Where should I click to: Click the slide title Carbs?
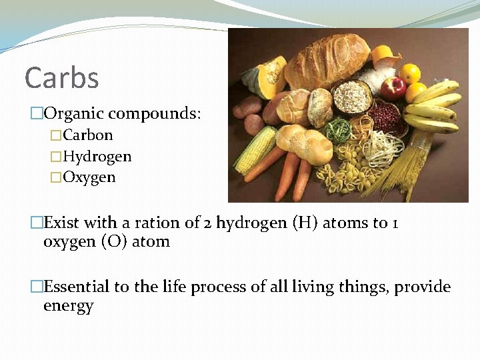pos(61,78)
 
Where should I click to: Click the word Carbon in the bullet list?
pos(88,135)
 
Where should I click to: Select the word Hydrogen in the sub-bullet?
pos(97,157)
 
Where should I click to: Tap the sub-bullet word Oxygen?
pos(89,178)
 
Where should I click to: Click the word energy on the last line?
pos(68,306)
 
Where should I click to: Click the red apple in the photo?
pos(394,87)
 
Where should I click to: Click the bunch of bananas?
pos(433,107)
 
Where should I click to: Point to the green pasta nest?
pos(338,129)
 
